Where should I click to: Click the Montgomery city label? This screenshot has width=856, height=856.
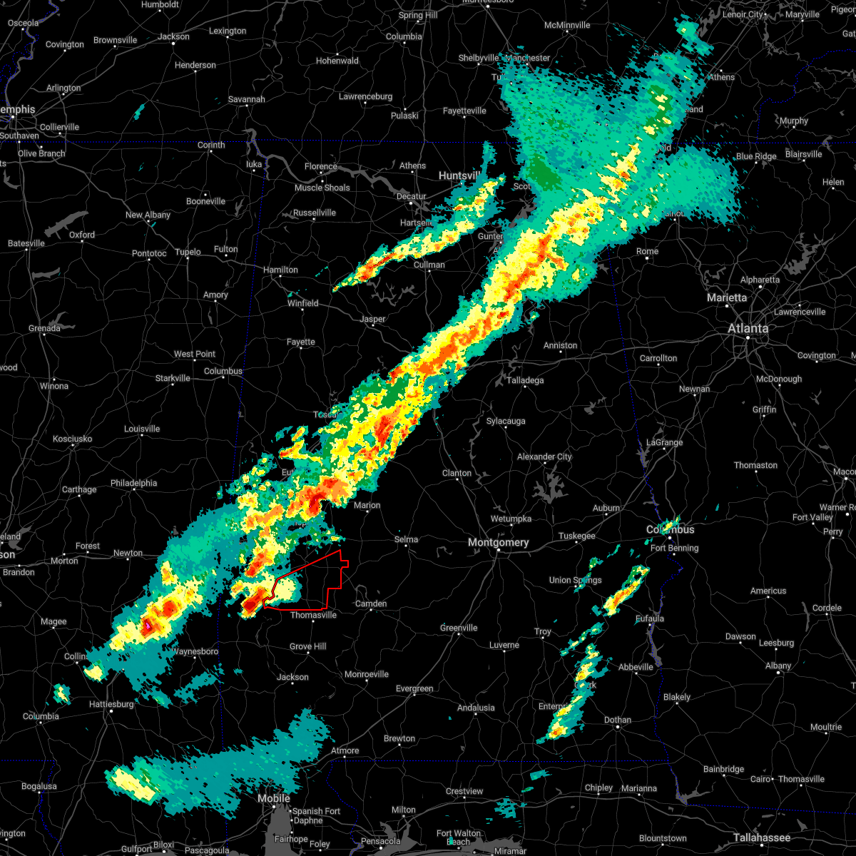point(499,543)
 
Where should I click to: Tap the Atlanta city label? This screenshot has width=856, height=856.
point(748,329)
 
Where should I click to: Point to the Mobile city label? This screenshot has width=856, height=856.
point(274,798)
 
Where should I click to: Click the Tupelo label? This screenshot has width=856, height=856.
point(188,252)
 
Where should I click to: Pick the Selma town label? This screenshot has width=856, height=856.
point(406,539)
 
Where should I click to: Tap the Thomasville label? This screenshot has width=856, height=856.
point(313,615)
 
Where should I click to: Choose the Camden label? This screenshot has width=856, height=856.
point(371,603)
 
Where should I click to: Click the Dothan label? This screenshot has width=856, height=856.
point(617,720)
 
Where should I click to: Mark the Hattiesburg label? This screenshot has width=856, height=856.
point(111,704)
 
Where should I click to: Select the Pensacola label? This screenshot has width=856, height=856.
point(381,841)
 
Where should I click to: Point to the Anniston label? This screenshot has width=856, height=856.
point(560,345)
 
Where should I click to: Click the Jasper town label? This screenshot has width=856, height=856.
point(372,320)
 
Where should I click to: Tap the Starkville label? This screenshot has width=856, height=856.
point(173,378)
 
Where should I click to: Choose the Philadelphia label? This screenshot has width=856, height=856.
point(133,483)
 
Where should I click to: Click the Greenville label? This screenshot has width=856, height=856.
point(459,628)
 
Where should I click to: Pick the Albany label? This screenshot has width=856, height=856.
point(778,666)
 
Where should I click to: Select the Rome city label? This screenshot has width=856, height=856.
point(647,251)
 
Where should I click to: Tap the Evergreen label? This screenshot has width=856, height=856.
point(414,688)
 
